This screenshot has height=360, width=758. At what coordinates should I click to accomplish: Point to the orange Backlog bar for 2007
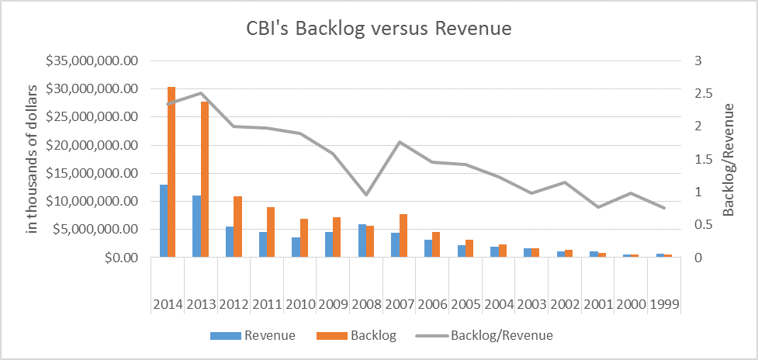coord(403,235)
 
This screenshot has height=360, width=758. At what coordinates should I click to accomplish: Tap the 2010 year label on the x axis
coord(301,303)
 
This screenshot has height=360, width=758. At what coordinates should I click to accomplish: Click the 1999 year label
coord(664,303)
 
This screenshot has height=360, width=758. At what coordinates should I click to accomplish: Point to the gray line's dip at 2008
coord(366,194)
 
